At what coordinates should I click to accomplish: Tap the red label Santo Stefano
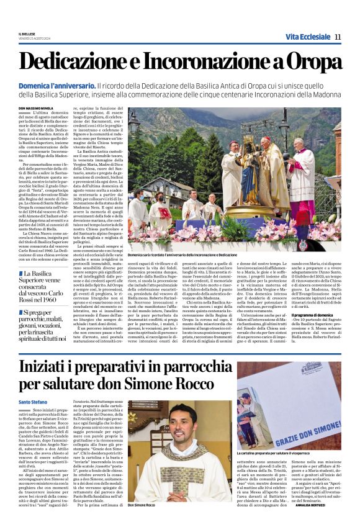point(33,402)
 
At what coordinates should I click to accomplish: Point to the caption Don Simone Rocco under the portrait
point(142,506)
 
